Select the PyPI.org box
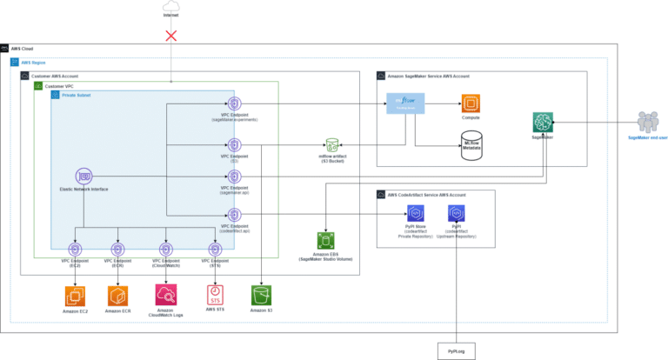(457, 350)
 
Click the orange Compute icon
(471, 104)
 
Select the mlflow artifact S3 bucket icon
(332, 144)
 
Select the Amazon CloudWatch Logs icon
(165, 294)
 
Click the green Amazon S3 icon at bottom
(261, 294)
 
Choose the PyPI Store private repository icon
(414, 213)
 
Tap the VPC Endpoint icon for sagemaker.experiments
(233, 104)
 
